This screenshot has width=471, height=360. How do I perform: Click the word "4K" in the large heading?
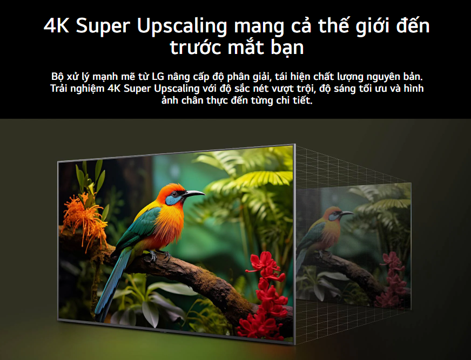click(x=56, y=26)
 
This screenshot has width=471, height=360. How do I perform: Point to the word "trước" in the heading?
click(x=197, y=47)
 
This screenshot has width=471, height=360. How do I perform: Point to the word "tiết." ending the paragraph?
click(x=302, y=100)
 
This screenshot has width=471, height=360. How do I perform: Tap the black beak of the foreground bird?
click(x=193, y=193)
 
